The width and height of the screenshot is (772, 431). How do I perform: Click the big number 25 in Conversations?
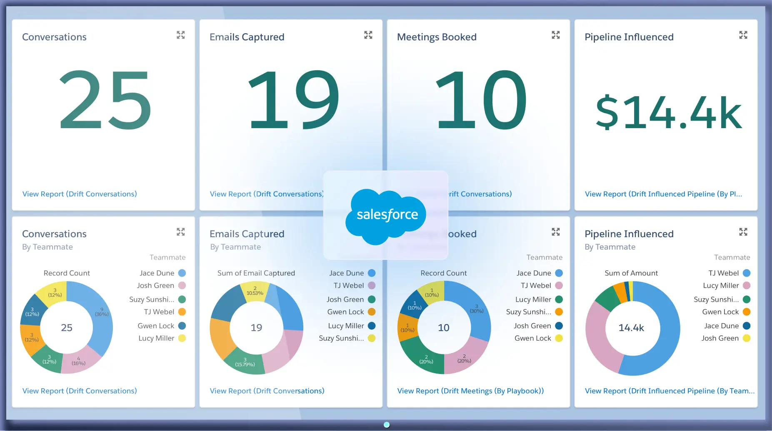[105, 100]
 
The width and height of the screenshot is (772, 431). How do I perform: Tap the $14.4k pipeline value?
[668, 112]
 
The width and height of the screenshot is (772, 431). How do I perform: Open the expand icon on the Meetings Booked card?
[556, 35]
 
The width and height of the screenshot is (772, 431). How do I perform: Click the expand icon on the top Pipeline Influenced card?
[743, 35]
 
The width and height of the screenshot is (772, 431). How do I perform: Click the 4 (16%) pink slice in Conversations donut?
[80, 359]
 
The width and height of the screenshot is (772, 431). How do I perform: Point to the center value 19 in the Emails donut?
[256, 328]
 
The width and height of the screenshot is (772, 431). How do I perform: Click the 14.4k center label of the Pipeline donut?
[631, 328]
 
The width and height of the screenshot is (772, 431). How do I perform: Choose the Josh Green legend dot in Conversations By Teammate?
[182, 285]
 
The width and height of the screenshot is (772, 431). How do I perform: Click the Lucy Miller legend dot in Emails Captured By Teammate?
[372, 326]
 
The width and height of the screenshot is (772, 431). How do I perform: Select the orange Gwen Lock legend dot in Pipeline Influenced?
[747, 312]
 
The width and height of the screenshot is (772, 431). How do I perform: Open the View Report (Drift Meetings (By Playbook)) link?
[470, 391]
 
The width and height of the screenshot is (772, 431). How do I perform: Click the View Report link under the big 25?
[80, 194]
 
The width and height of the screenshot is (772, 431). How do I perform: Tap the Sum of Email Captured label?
[256, 273]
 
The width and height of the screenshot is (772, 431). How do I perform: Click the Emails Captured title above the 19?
[247, 37]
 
